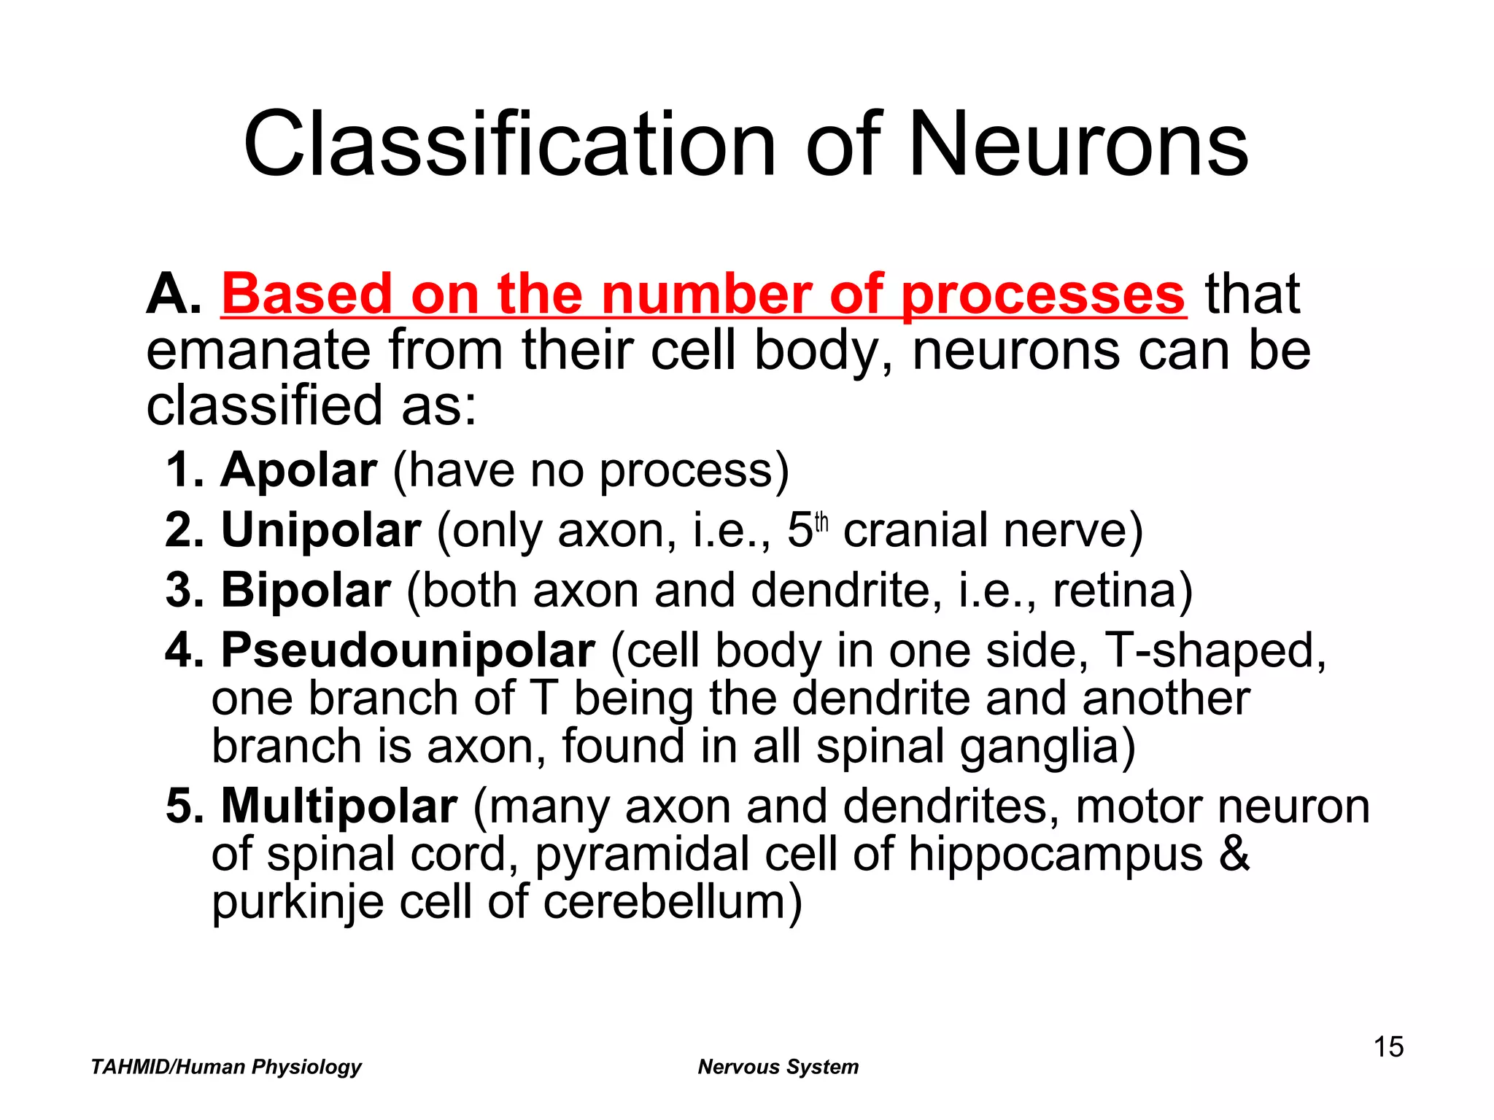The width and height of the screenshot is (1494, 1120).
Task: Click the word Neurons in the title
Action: point(1077,144)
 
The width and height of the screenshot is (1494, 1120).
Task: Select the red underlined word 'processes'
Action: point(1043,295)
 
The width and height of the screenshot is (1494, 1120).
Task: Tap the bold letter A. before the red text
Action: point(174,295)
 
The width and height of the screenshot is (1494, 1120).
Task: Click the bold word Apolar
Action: point(299,470)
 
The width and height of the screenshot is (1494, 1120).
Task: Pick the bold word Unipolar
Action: point(321,530)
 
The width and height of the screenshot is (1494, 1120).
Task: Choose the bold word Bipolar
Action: point(306,590)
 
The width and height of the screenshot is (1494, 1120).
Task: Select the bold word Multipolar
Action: point(339,806)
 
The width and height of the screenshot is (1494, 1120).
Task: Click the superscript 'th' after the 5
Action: point(821,523)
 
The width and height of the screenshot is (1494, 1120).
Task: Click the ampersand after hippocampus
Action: point(1234,855)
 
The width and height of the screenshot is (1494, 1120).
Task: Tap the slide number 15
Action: point(1388,1047)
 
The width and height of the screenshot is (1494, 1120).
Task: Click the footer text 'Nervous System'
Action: point(778,1067)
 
